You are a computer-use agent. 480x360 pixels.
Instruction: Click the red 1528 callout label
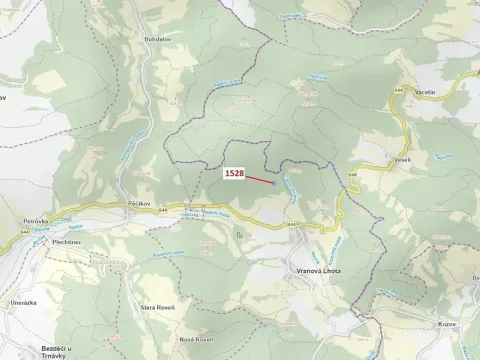tap(234, 173)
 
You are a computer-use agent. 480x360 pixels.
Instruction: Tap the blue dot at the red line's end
tap(273, 183)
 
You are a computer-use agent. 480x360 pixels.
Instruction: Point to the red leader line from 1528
tap(259, 179)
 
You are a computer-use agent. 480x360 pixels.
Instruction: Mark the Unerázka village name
tap(22, 301)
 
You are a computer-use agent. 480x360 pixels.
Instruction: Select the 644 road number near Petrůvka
tap(22, 232)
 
